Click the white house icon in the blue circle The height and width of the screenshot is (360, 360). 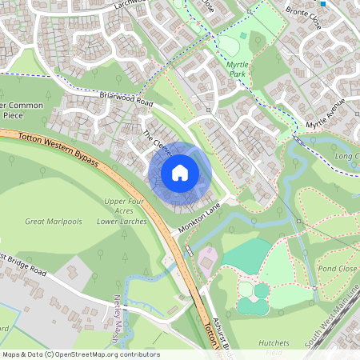coord(180,172)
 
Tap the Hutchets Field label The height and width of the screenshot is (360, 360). coord(274,348)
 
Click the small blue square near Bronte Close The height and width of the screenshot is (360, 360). coord(322,3)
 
